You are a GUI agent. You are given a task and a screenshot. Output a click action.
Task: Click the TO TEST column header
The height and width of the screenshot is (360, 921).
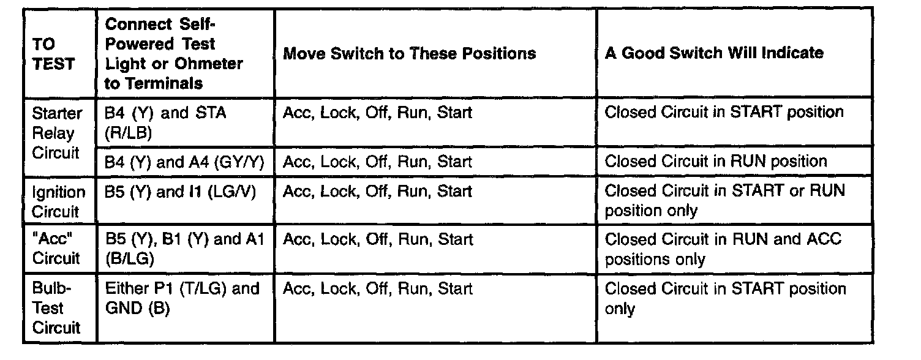pos(54,54)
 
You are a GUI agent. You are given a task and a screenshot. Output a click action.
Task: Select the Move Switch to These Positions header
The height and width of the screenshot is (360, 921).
pos(409,54)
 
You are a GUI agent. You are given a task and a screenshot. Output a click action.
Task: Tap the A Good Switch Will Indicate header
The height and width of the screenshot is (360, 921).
pos(714,53)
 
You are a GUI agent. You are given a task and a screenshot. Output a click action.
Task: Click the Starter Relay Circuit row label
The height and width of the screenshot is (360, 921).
pos(56,133)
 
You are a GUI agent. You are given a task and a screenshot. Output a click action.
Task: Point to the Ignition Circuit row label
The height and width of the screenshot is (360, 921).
pos(58,201)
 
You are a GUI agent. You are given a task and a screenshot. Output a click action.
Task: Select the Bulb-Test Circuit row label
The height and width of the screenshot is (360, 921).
pos(56,308)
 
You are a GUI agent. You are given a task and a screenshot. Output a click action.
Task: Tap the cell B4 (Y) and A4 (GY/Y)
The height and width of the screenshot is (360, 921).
pos(183,162)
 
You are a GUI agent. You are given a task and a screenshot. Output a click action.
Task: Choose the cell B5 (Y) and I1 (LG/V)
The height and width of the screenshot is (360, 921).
pos(180,192)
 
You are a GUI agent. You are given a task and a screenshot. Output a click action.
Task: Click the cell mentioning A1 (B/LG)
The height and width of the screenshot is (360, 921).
pos(184,249)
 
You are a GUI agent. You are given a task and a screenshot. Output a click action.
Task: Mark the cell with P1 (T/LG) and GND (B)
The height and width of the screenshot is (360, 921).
pos(182,298)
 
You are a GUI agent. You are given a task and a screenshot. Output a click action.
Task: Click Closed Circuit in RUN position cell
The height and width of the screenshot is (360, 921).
pos(715,162)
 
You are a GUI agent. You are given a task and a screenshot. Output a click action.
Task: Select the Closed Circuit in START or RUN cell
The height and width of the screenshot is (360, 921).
pos(724,200)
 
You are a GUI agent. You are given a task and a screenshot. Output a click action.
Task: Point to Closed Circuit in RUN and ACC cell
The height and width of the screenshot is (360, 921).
pos(723,249)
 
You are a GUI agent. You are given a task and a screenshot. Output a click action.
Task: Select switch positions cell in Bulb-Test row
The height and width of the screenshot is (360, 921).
pos(377,288)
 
